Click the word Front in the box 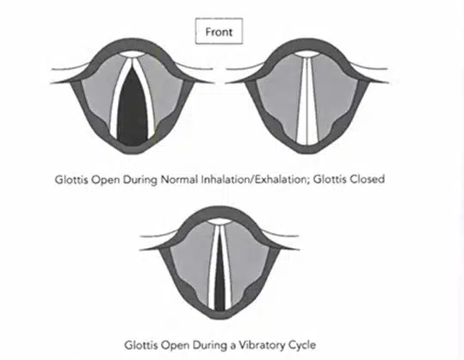tap(219, 32)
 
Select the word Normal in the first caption tap(179, 179)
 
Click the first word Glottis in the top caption tap(71, 179)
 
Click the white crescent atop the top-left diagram tap(133, 55)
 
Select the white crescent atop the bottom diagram tap(219, 222)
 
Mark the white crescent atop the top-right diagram tap(307, 54)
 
